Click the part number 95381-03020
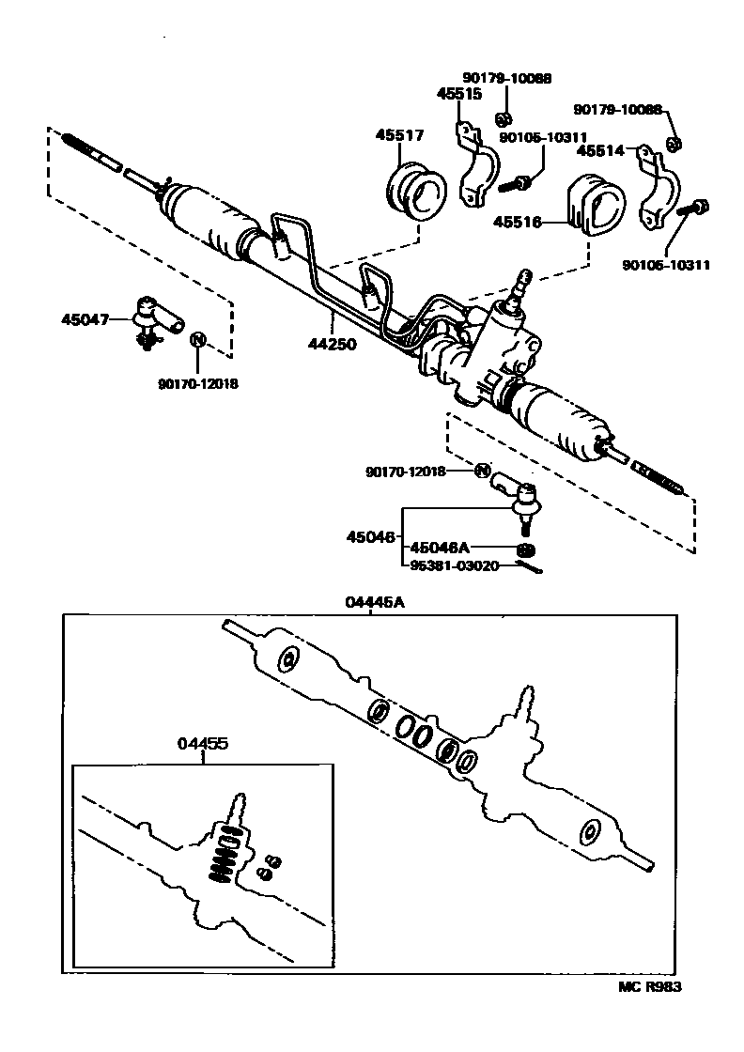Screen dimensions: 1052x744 click(x=455, y=565)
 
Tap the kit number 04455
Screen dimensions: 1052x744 click(x=203, y=743)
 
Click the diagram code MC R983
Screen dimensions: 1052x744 click(x=649, y=986)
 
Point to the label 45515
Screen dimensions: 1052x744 click(x=459, y=94)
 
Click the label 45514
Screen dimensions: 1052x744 click(x=599, y=150)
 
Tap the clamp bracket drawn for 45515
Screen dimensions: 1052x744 click(x=479, y=167)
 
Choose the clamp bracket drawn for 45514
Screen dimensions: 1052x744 click(x=659, y=189)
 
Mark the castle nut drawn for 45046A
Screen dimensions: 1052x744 click(x=526, y=549)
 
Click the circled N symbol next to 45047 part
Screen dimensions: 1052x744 click(x=197, y=339)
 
